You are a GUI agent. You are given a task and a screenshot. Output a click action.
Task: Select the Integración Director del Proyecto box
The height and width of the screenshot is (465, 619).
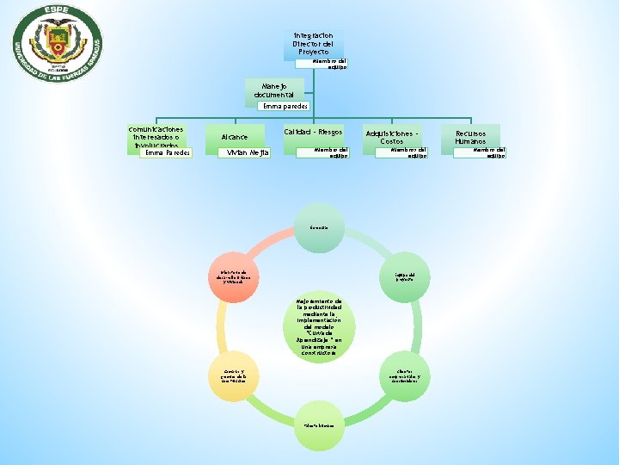pyautogui.click(x=313, y=44)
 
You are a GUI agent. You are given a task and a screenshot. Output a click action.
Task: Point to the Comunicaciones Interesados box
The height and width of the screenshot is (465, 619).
pyautogui.click(x=156, y=135)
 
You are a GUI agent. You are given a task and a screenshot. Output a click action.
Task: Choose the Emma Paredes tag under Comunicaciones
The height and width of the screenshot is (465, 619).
pyautogui.click(x=166, y=153)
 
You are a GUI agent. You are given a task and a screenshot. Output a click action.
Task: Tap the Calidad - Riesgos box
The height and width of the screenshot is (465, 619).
pyautogui.click(x=313, y=133)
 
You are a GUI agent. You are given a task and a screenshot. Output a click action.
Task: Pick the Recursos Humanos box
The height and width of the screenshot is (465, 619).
pyautogui.click(x=470, y=137)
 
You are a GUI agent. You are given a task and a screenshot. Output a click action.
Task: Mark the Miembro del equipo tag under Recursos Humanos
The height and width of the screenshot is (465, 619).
pyautogui.click(x=491, y=152)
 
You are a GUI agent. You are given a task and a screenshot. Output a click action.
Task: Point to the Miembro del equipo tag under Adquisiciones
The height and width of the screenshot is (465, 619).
pyautogui.click(x=412, y=152)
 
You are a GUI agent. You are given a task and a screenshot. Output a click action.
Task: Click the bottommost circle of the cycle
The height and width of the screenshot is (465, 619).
pyautogui.click(x=314, y=424)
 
